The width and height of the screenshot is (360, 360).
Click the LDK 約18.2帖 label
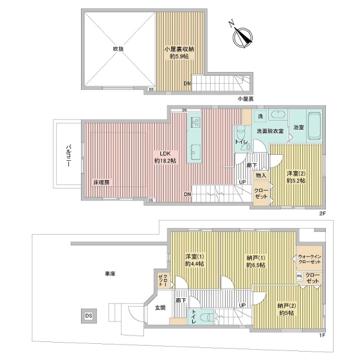[x=165, y=157]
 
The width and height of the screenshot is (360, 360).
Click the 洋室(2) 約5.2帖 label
[x=296, y=177]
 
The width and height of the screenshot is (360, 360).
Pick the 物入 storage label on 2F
[x=261, y=175]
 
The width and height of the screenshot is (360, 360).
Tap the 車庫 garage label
[x=109, y=274]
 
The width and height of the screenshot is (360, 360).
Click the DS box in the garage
[x=88, y=316]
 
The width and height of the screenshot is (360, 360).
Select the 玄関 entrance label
[x=160, y=308]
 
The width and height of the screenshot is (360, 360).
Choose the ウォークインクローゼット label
[x=310, y=260]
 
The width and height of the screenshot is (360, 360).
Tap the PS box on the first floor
[x=299, y=276]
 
